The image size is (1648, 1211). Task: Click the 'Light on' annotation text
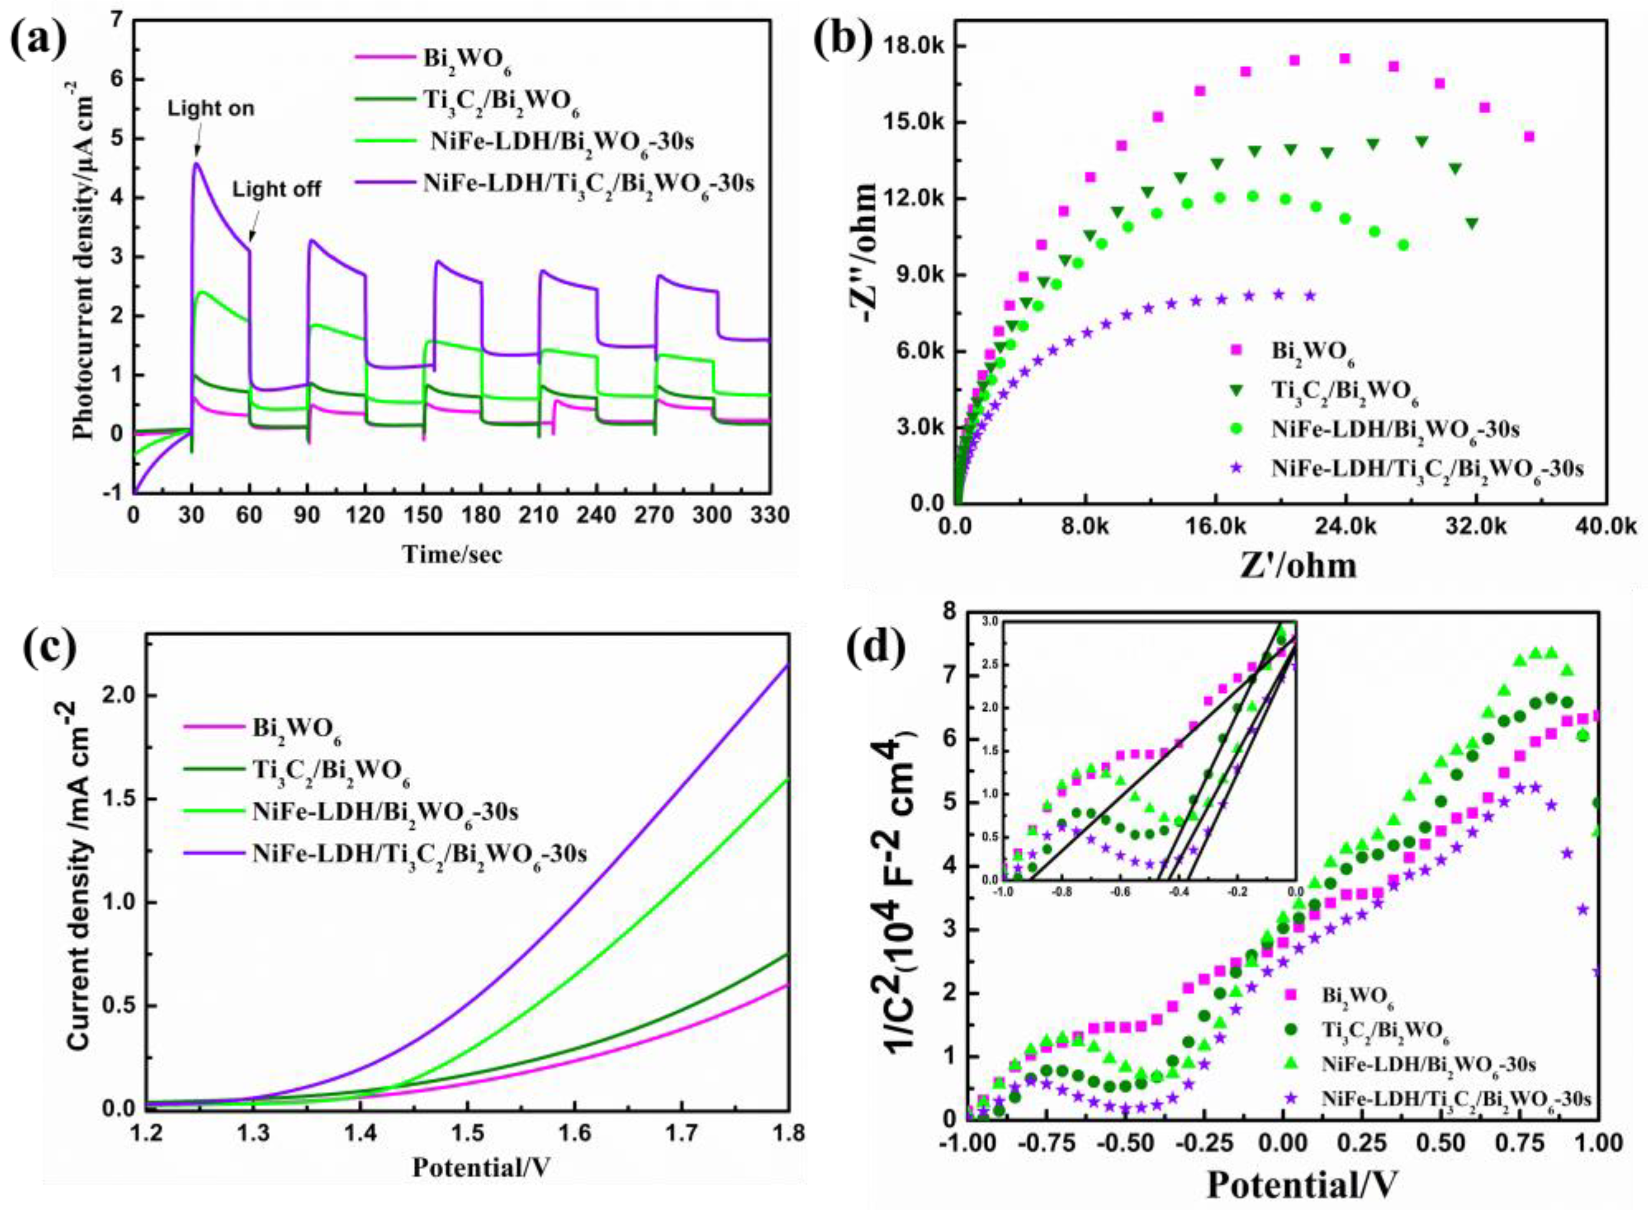tap(211, 108)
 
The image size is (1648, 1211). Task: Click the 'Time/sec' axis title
tap(452, 554)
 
